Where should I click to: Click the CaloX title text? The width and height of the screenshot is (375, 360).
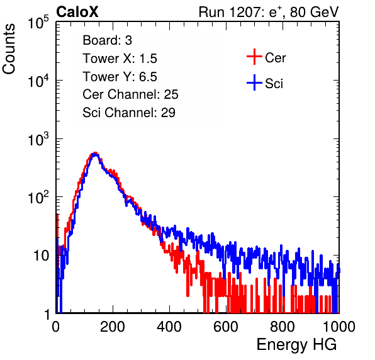tap(77, 12)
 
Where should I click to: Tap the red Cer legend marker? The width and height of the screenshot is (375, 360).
tap(254, 57)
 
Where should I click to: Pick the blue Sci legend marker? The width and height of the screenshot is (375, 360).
tap(254, 82)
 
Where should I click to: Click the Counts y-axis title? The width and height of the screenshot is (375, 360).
tap(9, 49)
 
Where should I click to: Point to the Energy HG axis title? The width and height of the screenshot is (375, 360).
tap(296, 345)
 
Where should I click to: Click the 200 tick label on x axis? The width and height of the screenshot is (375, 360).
tap(113, 327)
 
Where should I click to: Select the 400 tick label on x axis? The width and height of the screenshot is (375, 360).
tap(169, 327)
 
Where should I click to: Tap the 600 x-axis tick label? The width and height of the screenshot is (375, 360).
tap(226, 327)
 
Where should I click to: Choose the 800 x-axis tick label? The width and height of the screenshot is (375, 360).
tap(283, 327)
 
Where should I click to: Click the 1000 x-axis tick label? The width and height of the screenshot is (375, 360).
tap(339, 327)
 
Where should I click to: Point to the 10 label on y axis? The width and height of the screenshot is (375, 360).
tap(42, 256)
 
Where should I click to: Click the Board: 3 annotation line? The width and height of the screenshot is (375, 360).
tap(107, 40)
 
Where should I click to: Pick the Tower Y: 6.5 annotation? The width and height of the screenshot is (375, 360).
tap(120, 77)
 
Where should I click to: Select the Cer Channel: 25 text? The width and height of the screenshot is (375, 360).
tap(130, 94)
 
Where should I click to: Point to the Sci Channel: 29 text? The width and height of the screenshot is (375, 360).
tap(129, 113)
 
